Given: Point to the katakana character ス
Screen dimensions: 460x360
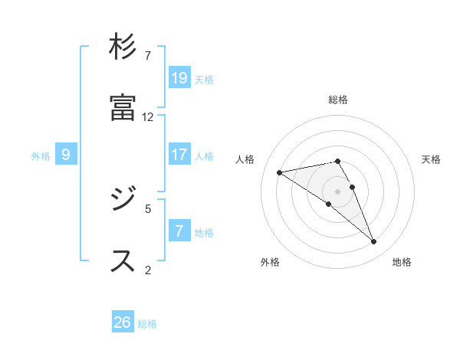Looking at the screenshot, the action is (123, 260).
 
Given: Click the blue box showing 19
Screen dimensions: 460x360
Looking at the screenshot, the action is (179, 78).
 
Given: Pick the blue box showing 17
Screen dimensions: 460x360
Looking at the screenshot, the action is (179, 155).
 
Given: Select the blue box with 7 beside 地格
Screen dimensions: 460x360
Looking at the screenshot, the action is (179, 231).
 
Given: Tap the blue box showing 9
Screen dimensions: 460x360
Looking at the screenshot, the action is (66, 155).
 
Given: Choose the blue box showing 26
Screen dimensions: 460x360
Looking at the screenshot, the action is (123, 322).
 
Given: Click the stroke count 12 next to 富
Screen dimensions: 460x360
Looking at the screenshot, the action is (148, 117).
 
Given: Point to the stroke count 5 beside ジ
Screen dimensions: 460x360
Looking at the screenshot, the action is (148, 208).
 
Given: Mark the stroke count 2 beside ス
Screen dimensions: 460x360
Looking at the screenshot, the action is (148, 269).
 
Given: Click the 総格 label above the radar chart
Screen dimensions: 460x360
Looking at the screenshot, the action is (338, 100).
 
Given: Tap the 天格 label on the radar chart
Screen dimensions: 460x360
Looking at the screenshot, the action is (431, 159).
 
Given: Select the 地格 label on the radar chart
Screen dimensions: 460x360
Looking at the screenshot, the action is (402, 263).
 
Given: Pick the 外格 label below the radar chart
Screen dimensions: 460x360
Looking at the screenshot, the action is (270, 263).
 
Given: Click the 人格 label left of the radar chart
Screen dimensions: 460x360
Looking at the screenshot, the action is (245, 159).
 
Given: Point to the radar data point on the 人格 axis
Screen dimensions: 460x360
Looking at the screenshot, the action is (280, 172).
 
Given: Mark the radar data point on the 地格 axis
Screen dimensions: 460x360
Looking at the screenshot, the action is (374, 242).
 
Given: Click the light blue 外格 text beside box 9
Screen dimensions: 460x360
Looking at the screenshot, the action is (41, 156).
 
